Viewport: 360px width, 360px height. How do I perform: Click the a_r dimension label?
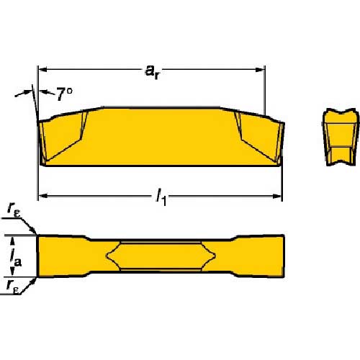[152, 72]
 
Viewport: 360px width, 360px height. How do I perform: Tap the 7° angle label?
[65, 94]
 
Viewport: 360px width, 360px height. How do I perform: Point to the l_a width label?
[16, 258]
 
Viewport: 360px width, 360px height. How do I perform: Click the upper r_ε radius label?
[14, 210]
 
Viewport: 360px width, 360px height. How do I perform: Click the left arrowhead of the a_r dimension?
[42, 70]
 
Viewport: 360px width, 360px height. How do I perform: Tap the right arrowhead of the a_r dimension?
[260, 70]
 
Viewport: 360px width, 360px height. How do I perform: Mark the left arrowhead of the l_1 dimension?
[42, 196]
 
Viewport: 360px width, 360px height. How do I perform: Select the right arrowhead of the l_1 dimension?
[276, 197]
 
